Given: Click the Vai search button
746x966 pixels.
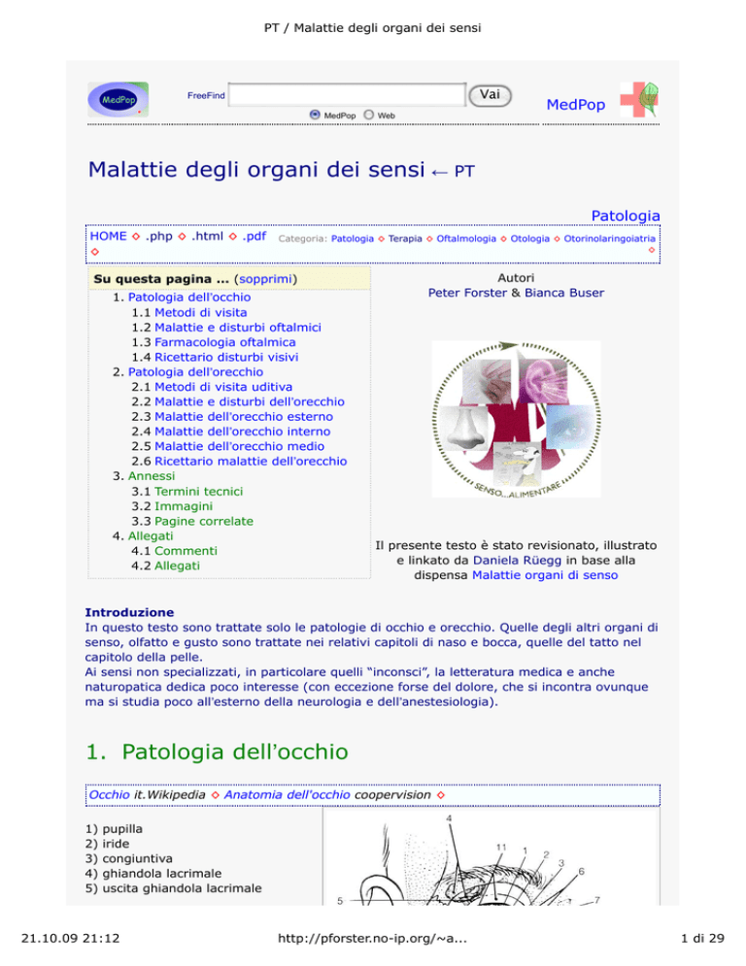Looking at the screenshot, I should (x=490, y=93).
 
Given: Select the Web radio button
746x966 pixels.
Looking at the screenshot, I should (x=369, y=115).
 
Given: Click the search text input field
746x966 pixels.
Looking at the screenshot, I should (x=348, y=94).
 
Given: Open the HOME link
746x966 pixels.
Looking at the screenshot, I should (x=108, y=236).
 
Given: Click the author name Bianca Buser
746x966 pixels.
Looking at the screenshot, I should (x=564, y=293).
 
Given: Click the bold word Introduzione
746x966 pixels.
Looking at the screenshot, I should (x=129, y=613).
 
